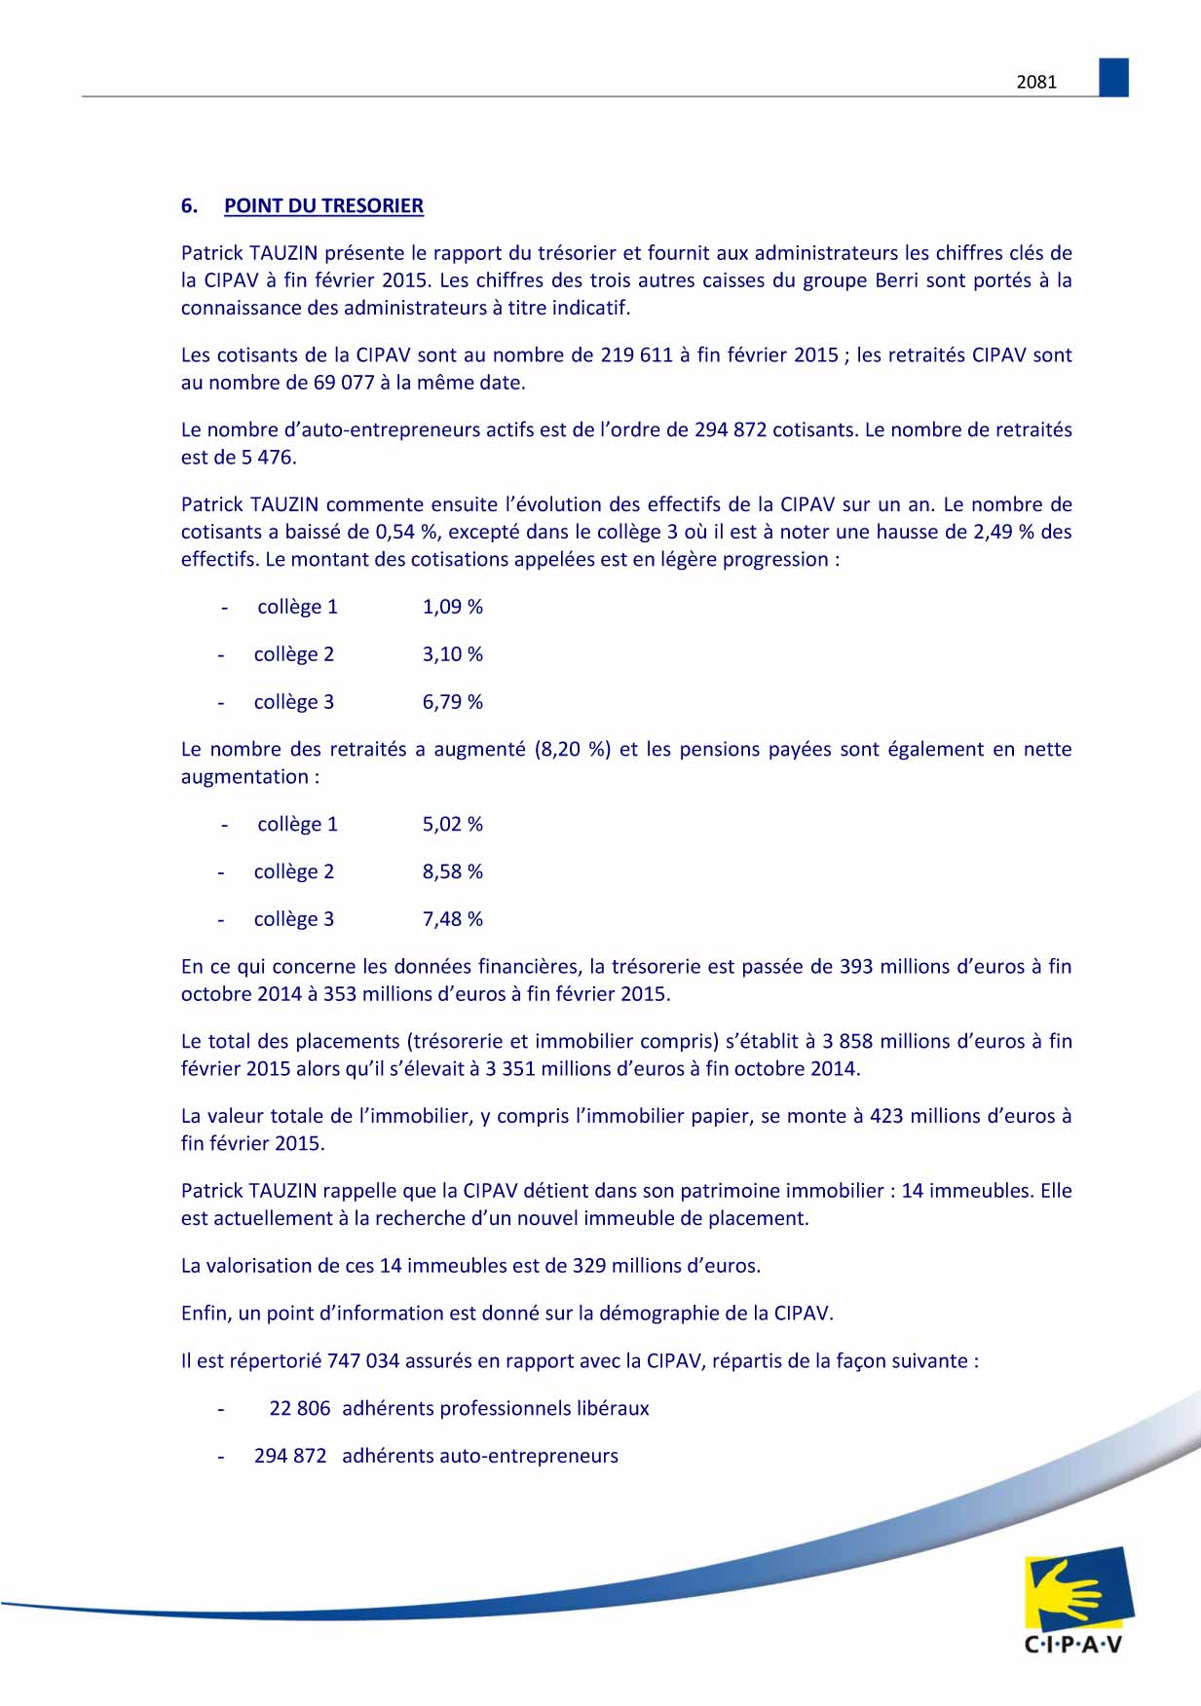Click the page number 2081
click(1036, 83)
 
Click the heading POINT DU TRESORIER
click(323, 206)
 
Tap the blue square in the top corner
click(1113, 77)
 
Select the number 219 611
click(636, 355)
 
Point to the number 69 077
click(344, 383)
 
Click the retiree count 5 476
click(268, 458)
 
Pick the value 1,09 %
click(452, 607)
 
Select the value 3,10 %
click(452, 654)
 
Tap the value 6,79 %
click(452, 702)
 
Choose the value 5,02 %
click(452, 825)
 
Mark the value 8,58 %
click(452, 872)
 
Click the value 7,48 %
click(452, 919)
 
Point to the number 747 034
click(363, 1361)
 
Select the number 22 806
click(299, 1409)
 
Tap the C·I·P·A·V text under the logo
click(1073, 1645)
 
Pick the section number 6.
click(189, 206)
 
